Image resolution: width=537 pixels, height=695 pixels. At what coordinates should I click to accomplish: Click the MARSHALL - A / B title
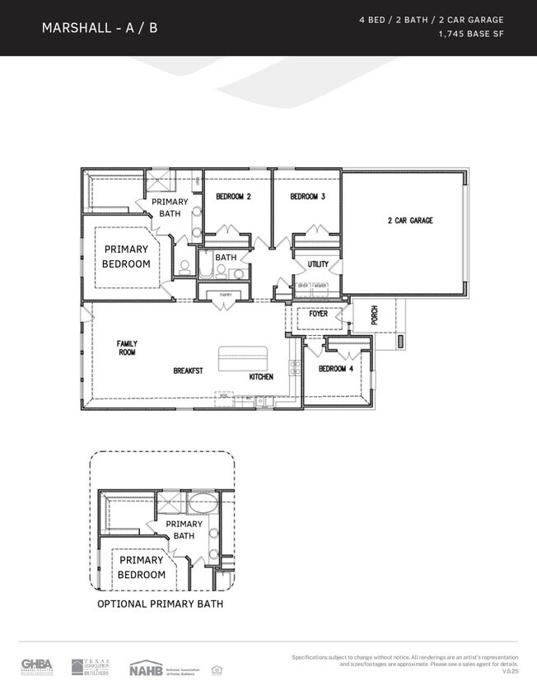100,28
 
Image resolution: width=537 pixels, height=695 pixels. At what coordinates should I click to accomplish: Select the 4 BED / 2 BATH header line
431,19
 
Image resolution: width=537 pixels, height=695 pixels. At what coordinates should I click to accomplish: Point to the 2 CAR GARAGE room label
410,221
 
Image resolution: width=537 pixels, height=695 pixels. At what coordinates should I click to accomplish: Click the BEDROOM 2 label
233,197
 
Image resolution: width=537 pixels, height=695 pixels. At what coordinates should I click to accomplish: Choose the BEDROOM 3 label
307,197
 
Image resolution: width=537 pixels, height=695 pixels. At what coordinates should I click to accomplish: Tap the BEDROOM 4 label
336,369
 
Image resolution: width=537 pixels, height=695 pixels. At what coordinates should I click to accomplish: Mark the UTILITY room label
318,264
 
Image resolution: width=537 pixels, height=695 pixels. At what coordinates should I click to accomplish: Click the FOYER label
318,314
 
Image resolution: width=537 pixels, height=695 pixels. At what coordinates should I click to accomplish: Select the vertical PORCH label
374,315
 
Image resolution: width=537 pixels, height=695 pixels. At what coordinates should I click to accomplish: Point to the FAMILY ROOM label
127,348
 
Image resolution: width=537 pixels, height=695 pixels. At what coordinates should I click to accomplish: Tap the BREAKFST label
188,371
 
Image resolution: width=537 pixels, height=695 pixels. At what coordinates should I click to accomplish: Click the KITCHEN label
261,377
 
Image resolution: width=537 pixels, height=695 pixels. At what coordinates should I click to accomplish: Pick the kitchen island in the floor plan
242,359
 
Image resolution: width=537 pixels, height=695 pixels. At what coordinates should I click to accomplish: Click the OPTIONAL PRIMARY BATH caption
160,604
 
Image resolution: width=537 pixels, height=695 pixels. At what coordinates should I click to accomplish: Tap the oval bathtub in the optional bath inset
201,504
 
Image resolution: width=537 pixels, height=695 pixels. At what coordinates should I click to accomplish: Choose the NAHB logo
145,668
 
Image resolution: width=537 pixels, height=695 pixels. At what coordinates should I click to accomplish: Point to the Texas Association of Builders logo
89,666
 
